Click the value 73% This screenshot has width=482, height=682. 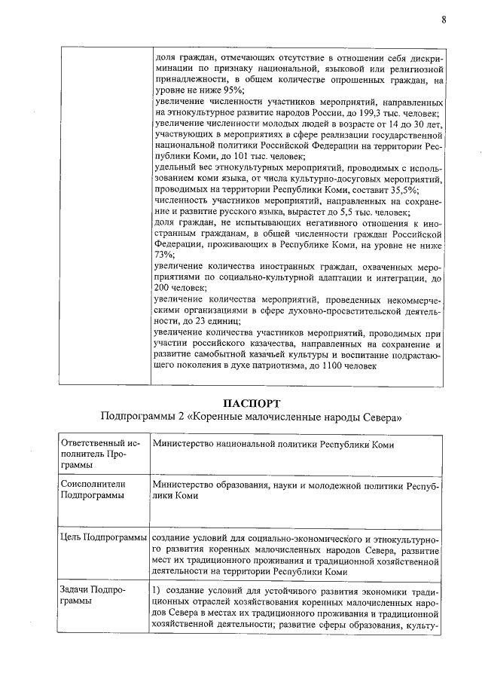pyautogui.click(x=162, y=255)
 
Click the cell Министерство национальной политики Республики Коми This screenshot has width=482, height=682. pyautogui.click(x=274, y=444)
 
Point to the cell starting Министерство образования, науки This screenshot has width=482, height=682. pyautogui.click(x=294, y=490)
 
